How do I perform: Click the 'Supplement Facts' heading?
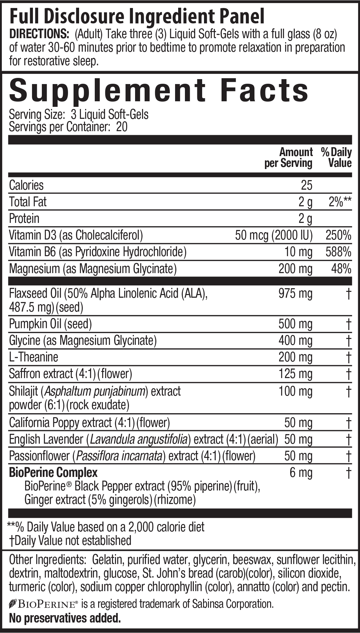pyautogui.click(x=158, y=91)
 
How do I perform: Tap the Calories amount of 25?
pyautogui.click(x=306, y=185)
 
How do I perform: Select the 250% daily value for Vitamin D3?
pyautogui.click(x=338, y=235)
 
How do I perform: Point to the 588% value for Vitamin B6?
pyautogui.click(x=338, y=252)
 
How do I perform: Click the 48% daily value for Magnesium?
pyautogui.click(x=341, y=269)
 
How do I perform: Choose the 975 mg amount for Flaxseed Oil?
pyautogui.click(x=295, y=294)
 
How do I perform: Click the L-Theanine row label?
pyautogui.click(x=34, y=357)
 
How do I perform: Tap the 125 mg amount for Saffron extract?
pyautogui.click(x=295, y=374)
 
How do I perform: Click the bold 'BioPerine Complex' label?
pyautogui.click(x=53, y=472)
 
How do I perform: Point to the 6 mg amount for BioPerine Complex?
pyautogui.click(x=301, y=472)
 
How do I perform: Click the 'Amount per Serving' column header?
pyautogui.click(x=289, y=157)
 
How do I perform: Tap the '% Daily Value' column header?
pyautogui.click(x=336, y=157)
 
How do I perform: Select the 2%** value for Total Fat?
pyautogui.click(x=340, y=202)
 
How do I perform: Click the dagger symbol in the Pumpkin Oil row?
pyautogui.click(x=348, y=324)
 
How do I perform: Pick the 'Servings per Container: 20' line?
pyautogui.click(x=68, y=127)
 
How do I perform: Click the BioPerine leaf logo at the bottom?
pyautogui.click(x=13, y=604)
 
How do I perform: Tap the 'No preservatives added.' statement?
pyautogui.click(x=65, y=618)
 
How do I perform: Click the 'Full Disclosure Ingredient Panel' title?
pyautogui.click(x=137, y=17)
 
